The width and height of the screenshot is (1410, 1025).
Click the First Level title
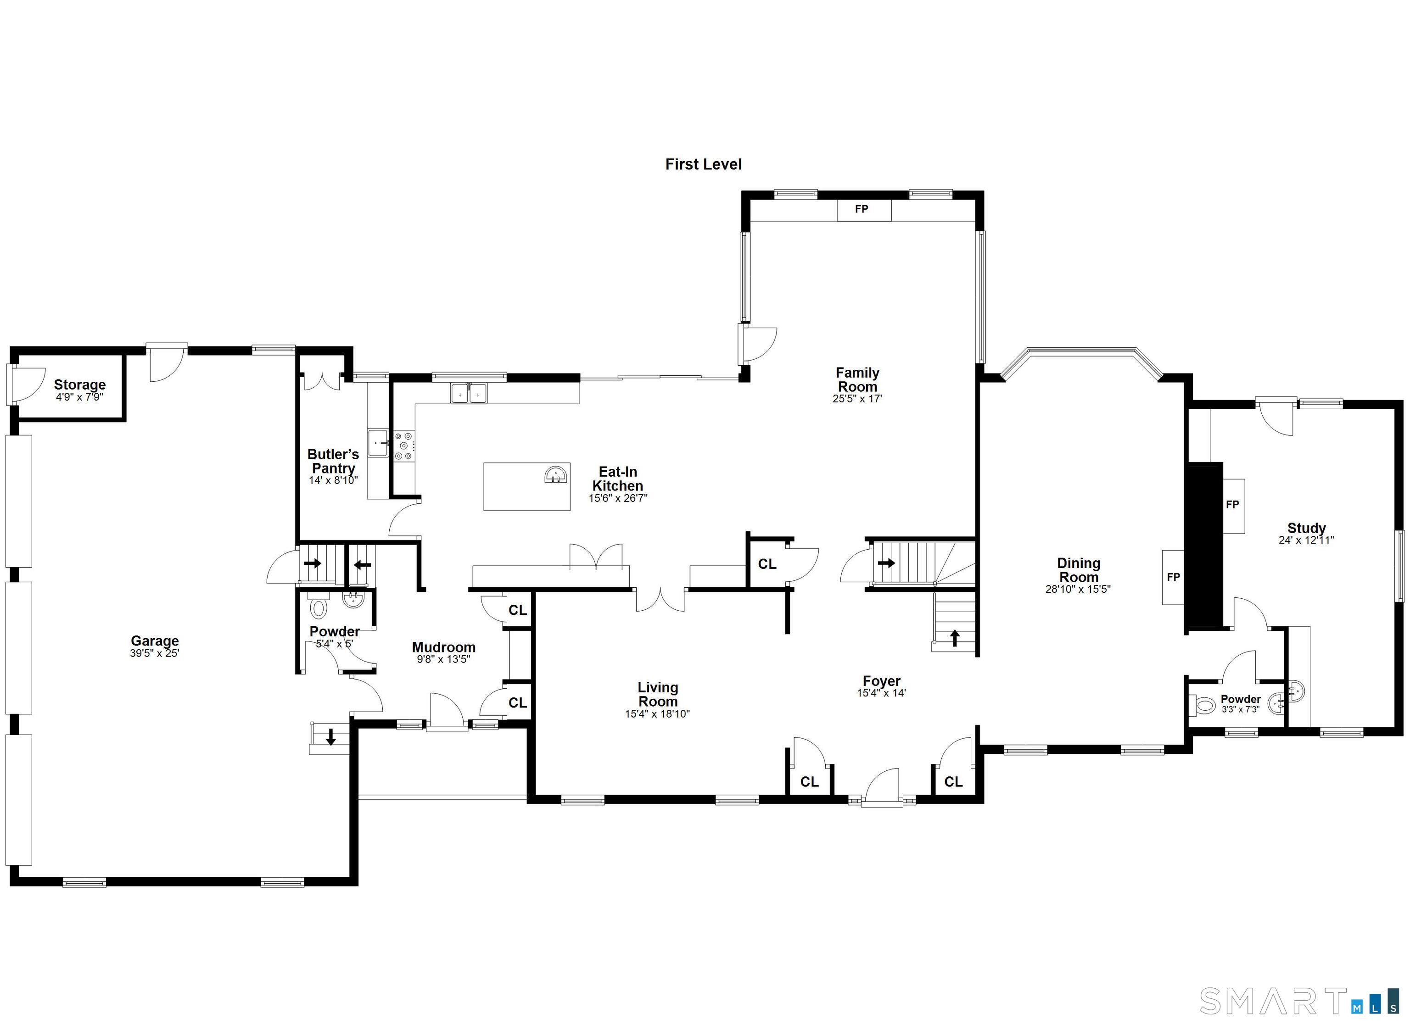[703, 164]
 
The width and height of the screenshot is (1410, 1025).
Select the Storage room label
[79, 385]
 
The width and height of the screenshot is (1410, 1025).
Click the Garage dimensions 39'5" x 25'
[154, 653]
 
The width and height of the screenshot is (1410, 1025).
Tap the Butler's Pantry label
[333, 461]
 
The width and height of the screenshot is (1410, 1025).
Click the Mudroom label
[443, 647]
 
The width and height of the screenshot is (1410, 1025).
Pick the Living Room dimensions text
[657, 714]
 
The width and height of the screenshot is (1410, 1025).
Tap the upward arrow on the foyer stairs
[954, 638]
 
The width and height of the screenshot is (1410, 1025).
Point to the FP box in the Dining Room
[1173, 577]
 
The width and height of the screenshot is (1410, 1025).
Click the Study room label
[1306, 529]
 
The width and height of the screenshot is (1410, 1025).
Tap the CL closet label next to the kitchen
[767, 564]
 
